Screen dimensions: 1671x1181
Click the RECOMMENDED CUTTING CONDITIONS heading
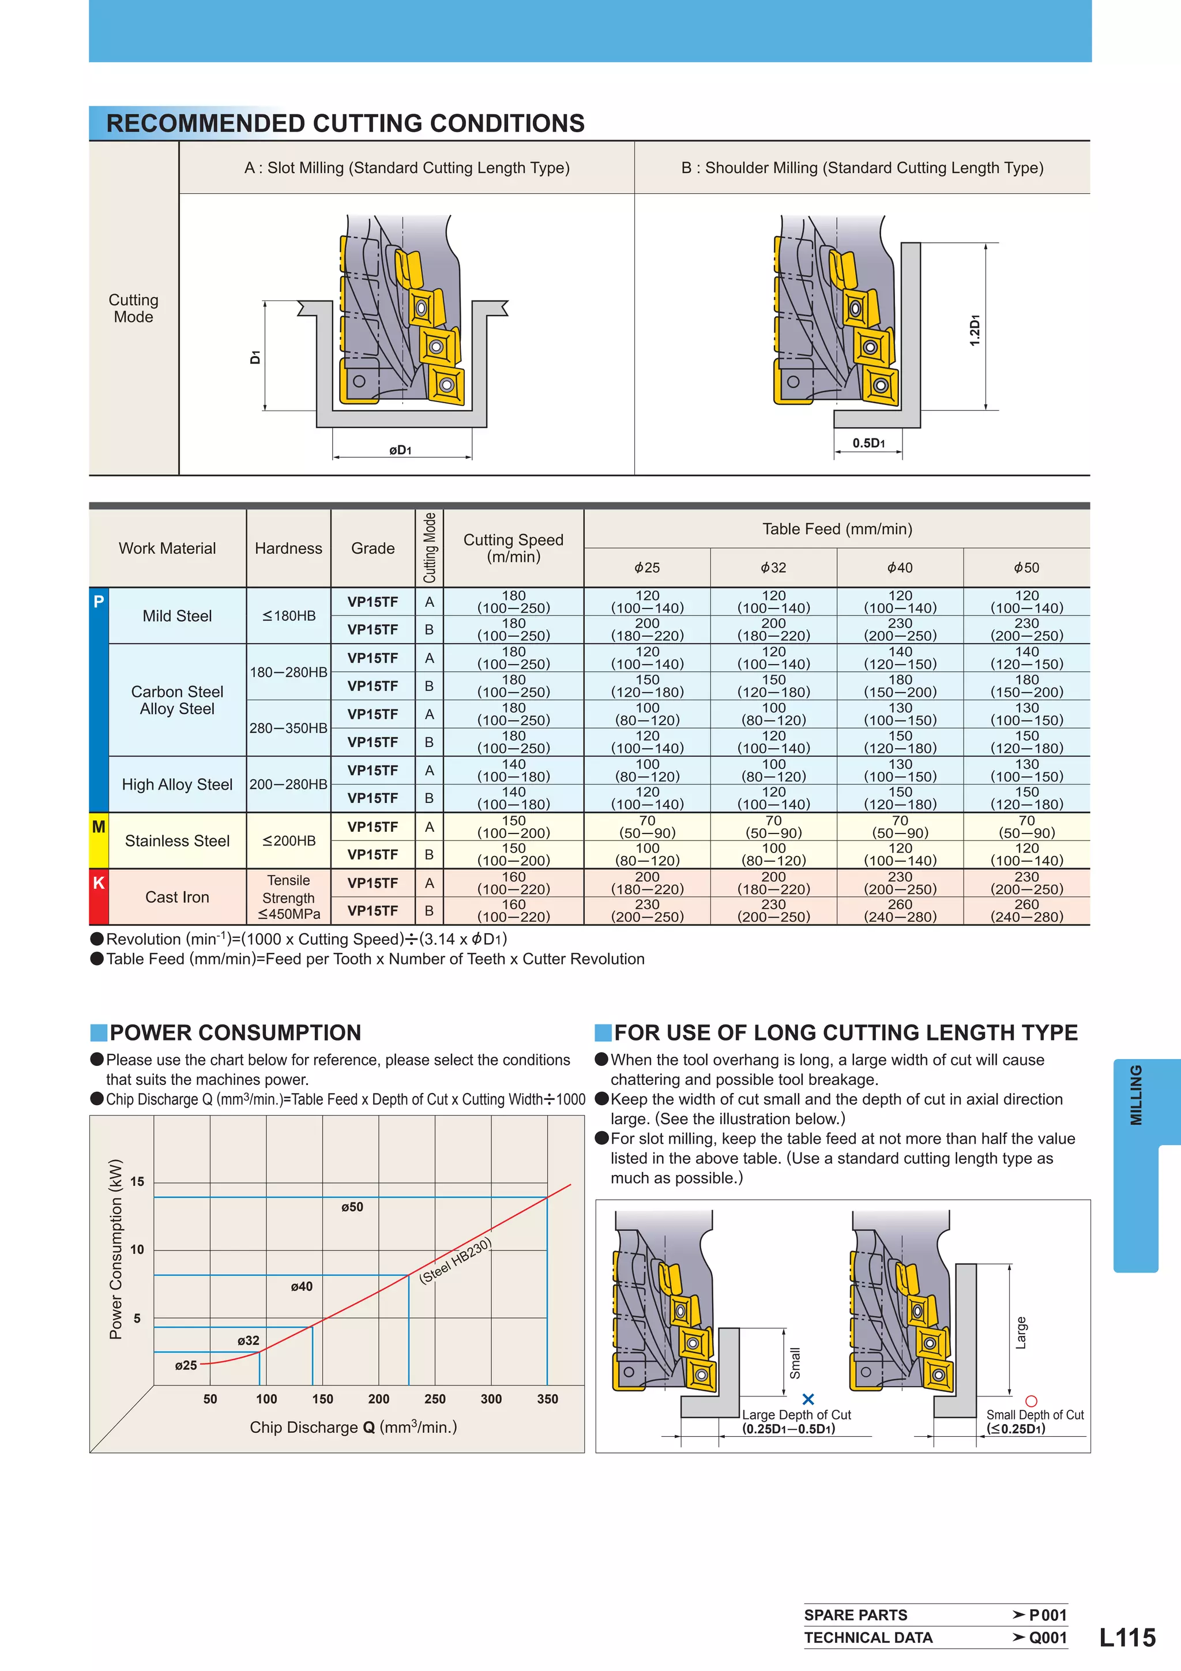(345, 123)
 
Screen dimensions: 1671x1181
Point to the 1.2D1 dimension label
(975, 330)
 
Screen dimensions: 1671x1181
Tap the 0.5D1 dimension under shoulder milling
(868, 442)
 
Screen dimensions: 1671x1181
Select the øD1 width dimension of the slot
(400, 450)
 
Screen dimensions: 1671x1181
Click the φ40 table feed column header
(900, 568)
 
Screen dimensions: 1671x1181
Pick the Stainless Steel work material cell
(177, 840)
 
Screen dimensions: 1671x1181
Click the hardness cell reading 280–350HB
(288, 728)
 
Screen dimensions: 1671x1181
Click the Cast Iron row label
(177, 896)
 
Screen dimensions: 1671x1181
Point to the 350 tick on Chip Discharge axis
(547, 1399)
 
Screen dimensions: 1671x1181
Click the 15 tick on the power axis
(137, 1181)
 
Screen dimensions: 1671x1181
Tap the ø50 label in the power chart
(352, 1207)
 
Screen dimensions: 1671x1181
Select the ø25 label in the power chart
(186, 1365)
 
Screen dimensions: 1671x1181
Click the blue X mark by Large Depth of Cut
(808, 1399)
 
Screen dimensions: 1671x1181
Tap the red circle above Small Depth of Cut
(1030, 1400)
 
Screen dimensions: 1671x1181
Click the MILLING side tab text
(1136, 1095)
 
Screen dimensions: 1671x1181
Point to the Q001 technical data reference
(1047, 1638)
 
